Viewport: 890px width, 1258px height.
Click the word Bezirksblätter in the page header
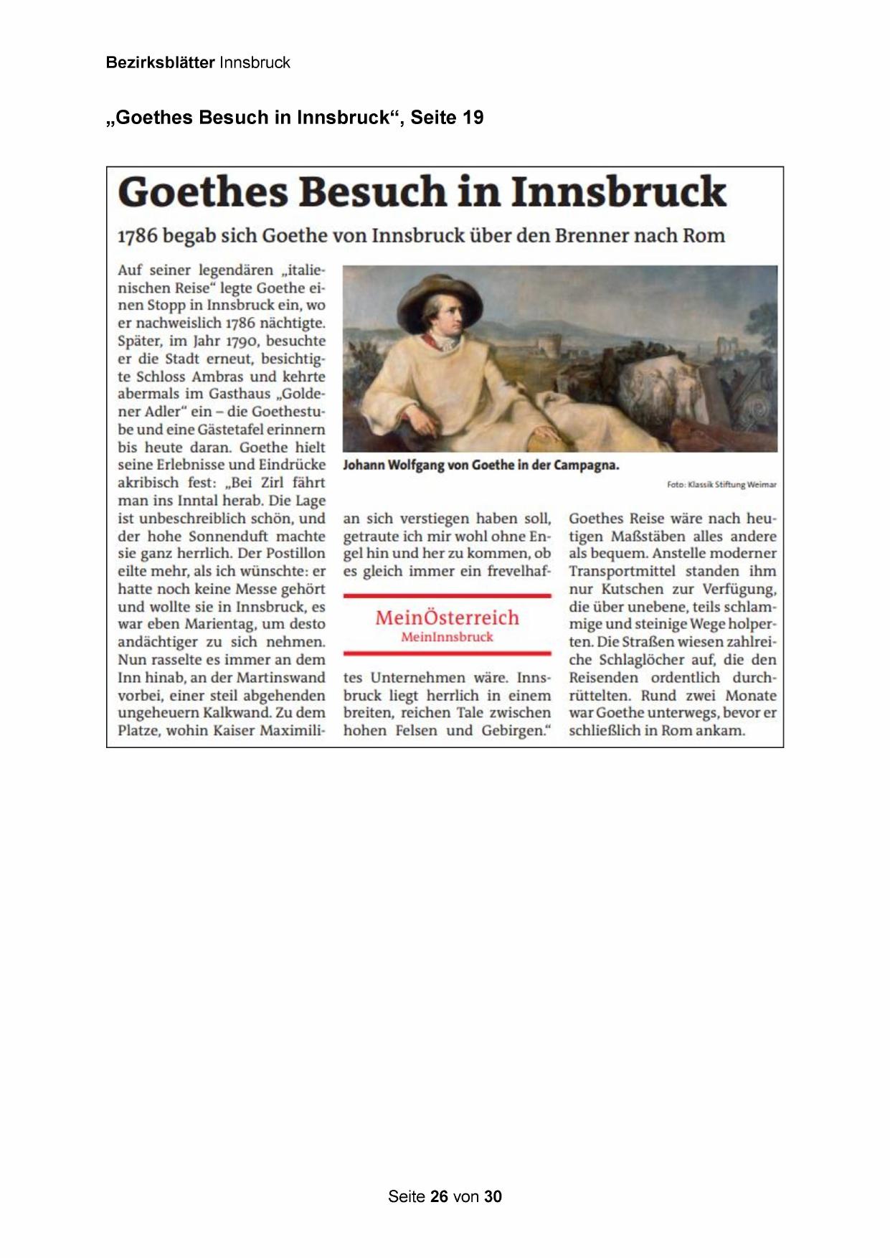pos(160,62)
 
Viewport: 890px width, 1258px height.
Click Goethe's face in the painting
pos(444,316)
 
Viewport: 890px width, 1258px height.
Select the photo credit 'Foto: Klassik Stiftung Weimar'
pos(721,485)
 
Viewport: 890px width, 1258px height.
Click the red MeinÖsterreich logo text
pos(447,617)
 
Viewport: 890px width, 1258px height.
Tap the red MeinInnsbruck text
pos(447,637)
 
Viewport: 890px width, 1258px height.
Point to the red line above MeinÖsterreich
pos(447,595)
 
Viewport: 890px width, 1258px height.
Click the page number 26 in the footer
pos(440,1196)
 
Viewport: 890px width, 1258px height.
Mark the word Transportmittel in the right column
pos(622,571)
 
